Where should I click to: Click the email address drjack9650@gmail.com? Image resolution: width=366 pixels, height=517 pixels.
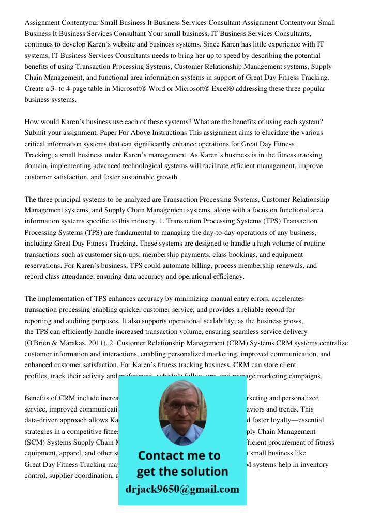click(x=182, y=489)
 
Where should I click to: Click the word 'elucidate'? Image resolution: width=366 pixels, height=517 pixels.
click(x=284, y=133)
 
